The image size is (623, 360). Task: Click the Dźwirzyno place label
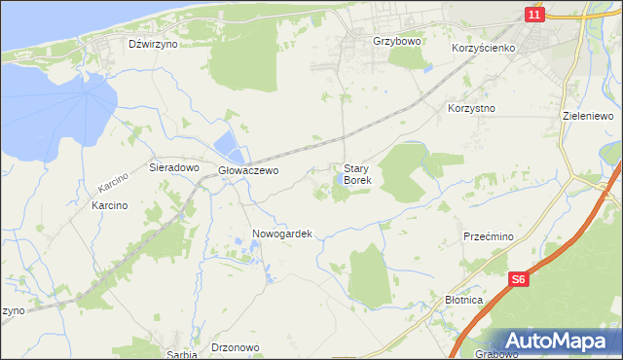coord(153,44)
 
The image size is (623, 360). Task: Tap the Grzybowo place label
coord(395,43)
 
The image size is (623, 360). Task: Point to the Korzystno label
coord(472,108)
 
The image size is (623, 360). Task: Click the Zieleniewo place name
coord(588,115)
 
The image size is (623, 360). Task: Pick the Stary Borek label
coord(357,174)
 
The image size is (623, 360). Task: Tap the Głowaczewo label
coord(248,170)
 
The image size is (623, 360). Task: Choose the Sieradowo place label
coord(173,167)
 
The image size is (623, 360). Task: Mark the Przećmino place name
coord(489,235)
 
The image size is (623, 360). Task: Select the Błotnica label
coord(463,300)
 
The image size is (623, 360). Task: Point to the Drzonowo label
coord(235,347)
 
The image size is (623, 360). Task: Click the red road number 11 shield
coord(533,15)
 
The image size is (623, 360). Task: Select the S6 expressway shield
coord(520,280)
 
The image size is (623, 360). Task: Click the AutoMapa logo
coord(560,341)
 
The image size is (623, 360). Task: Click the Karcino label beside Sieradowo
coord(113,181)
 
